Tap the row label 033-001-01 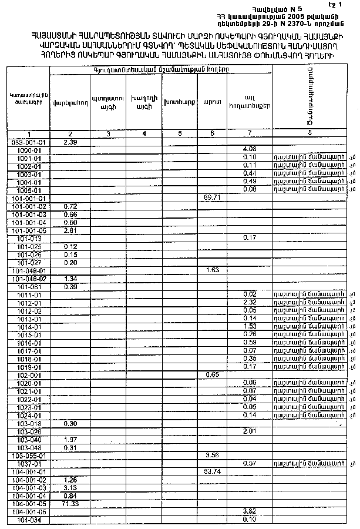pos(28,142)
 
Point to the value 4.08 pos(250,150)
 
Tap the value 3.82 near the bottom pos(250,511)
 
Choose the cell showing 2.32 pos(250,302)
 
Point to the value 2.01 pos(250,431)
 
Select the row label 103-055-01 pos(28,455)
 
